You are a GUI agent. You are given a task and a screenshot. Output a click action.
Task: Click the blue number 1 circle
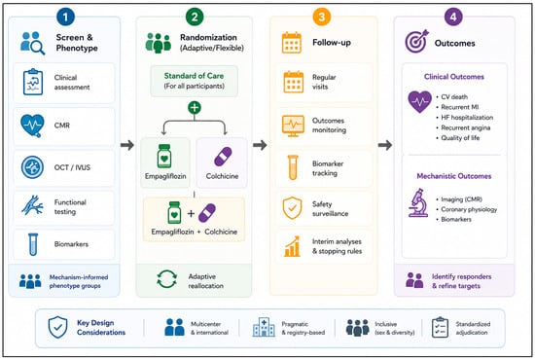click(65, 17)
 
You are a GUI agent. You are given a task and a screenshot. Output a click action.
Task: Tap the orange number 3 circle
click(321, 17)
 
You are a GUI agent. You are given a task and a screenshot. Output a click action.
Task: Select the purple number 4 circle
click(453, 17)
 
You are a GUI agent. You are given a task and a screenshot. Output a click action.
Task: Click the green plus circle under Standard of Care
click(195, 107)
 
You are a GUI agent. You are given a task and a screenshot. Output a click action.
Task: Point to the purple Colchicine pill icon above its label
click(223, 157)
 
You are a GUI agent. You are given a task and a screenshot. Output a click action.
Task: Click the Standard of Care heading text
click(194, 76)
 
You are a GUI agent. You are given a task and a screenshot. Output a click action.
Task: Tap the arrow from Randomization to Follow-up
click(260, 145)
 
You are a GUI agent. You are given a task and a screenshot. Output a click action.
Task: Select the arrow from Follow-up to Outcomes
click(385, 145)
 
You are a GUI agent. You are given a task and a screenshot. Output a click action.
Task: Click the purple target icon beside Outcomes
click(416, 41)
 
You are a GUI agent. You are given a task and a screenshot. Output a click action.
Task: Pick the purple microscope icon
click(418, 202)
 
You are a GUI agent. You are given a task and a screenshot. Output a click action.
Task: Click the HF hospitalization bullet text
click(467, 118)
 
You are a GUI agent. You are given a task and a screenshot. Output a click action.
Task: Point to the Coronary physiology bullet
click(469, 209)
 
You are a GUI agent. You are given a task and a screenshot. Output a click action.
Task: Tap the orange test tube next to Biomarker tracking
click(293, 167)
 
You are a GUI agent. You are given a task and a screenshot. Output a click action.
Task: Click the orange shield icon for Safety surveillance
click(292, 208)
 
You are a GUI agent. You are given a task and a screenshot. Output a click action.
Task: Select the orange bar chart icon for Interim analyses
click(292, 246)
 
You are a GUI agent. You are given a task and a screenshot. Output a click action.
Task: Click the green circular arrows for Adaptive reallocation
click(167, 279)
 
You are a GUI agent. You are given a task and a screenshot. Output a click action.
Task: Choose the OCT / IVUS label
click(72, 167)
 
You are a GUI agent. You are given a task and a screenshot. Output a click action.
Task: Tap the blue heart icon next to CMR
click(32, 126)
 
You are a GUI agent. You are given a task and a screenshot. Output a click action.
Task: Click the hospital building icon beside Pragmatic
click(264, 327)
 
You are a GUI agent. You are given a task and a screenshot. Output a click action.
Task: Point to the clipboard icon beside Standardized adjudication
click(440, 328)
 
